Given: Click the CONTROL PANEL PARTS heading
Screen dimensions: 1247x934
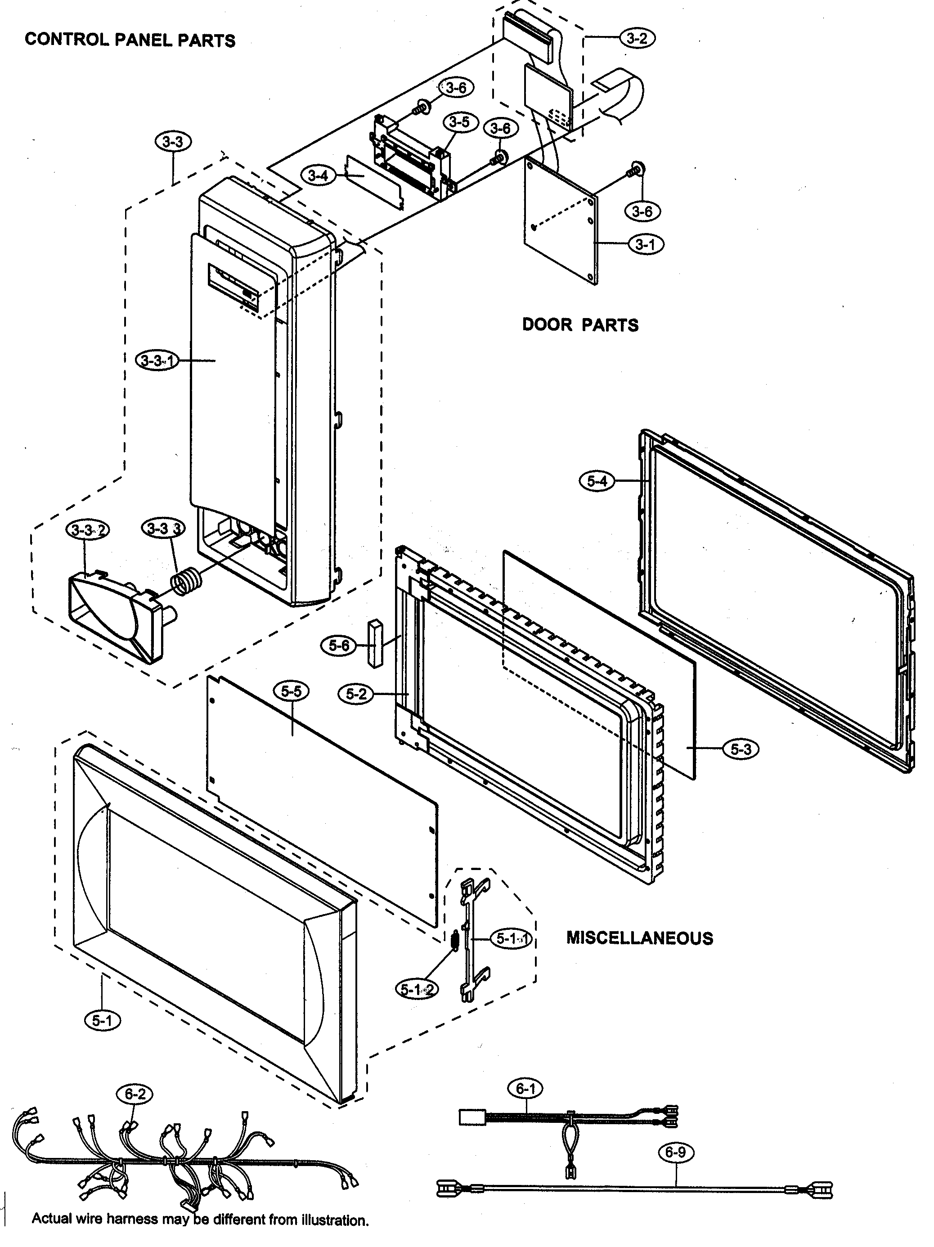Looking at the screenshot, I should [x=130, y=40].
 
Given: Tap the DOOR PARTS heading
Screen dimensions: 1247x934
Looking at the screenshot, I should [x=580, y=325].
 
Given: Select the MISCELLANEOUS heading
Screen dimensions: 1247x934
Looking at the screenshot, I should [x=639, y=937].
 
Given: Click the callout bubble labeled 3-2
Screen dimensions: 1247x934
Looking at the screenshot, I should [x=637, y=38].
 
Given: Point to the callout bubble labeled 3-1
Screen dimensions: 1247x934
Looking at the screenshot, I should [x=646, y=244].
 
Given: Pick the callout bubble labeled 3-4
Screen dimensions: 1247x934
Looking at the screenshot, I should [x=318, y=175].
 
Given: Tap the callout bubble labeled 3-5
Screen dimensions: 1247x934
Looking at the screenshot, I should [x=460, y=122].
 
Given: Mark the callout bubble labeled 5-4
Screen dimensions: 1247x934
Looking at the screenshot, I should [x=597, y=481].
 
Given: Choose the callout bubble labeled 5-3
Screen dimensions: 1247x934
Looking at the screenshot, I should [x=741, y=749].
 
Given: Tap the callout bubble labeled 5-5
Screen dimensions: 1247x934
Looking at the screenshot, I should [x=291, y=691].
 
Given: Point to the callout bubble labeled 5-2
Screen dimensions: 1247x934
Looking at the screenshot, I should [x=356, y=694].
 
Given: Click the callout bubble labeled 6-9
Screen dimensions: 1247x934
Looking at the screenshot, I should [x=675, y=1152].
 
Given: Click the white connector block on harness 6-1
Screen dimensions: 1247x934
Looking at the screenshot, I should [x=472, y=1116].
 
